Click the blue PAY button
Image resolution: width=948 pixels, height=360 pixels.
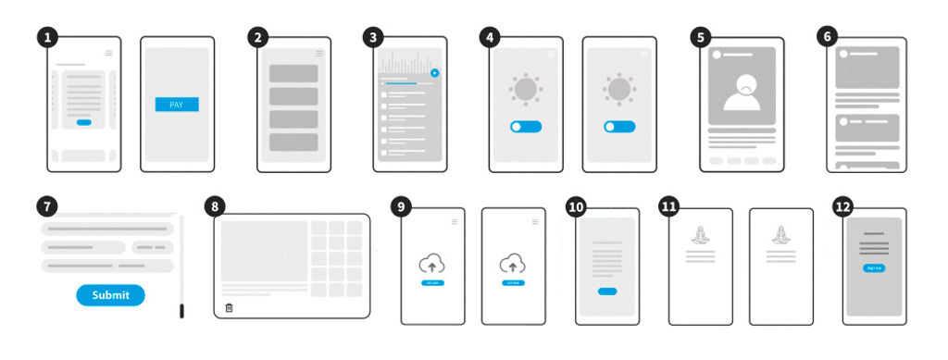coord(177,105)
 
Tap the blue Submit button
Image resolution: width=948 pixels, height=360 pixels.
coord(110,295)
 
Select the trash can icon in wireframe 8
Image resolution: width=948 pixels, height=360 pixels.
coord(229,308)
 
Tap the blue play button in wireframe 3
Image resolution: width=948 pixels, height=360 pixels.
coord(434,72)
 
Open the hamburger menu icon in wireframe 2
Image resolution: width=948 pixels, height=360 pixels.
coord(319,53)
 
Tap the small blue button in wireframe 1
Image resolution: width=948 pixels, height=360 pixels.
coord(84,122)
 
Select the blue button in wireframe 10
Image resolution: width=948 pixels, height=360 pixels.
coord(607,292)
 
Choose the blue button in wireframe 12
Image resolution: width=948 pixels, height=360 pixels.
coord(873,267)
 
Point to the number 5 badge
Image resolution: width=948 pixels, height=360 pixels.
coord(701,37)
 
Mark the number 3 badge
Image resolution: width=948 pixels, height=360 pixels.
coord(372,37)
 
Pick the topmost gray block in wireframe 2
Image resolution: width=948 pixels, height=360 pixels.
coord(293,73)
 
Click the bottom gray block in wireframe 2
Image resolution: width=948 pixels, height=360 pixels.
coord(293,143)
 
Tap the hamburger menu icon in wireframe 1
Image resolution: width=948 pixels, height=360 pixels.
coord(109,53)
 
